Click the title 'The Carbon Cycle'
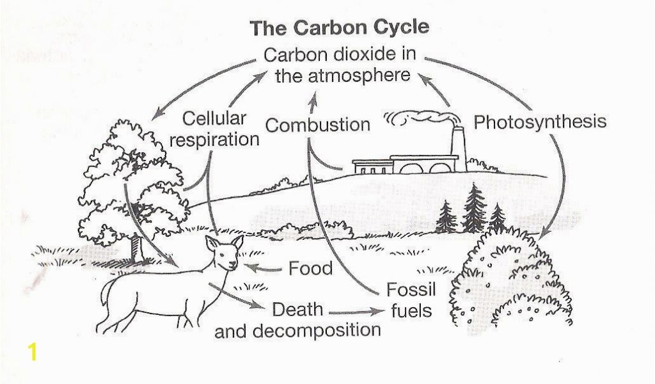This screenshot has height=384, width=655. [x=339, y=28]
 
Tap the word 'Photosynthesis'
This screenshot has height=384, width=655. [x=540, y=122]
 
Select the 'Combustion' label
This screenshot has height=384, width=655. [x=317, y=125]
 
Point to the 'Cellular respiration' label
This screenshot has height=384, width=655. [x=214, y=129]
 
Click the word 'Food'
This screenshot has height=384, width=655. [x=310, y=268]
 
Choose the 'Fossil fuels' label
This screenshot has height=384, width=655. [x=411, y=300]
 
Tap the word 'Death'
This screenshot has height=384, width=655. [x=297, y=310]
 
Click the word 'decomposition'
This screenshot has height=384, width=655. [x=316, y=330]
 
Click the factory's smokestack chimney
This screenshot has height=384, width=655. [x=459, y=148]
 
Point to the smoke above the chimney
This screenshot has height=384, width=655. [x=422, y=117]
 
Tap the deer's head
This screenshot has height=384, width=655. [x=225, y=253]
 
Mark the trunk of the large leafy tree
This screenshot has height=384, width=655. [x=137, y=248]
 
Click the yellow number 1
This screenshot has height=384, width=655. [x=32, y=352]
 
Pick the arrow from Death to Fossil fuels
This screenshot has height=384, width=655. [x=356, y=312]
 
